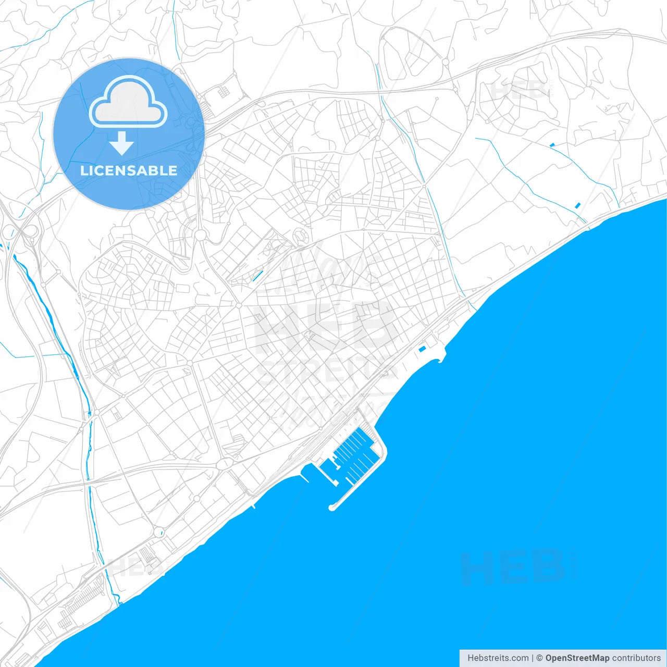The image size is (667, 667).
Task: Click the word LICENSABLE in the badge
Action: (129, 170)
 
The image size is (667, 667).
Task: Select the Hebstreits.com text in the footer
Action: (498, 658)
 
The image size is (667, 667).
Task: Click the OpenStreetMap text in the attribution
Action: (577, 658)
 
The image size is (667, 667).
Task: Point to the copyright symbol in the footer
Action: (539, 658)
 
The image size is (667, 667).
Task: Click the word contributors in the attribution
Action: (636, 658)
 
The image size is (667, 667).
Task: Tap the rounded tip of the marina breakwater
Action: (332, 507)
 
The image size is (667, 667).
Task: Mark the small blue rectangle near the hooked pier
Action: (423, 349)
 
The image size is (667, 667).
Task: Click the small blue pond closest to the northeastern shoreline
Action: (577, 205)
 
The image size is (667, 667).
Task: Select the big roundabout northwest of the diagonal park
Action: (200, 235)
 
